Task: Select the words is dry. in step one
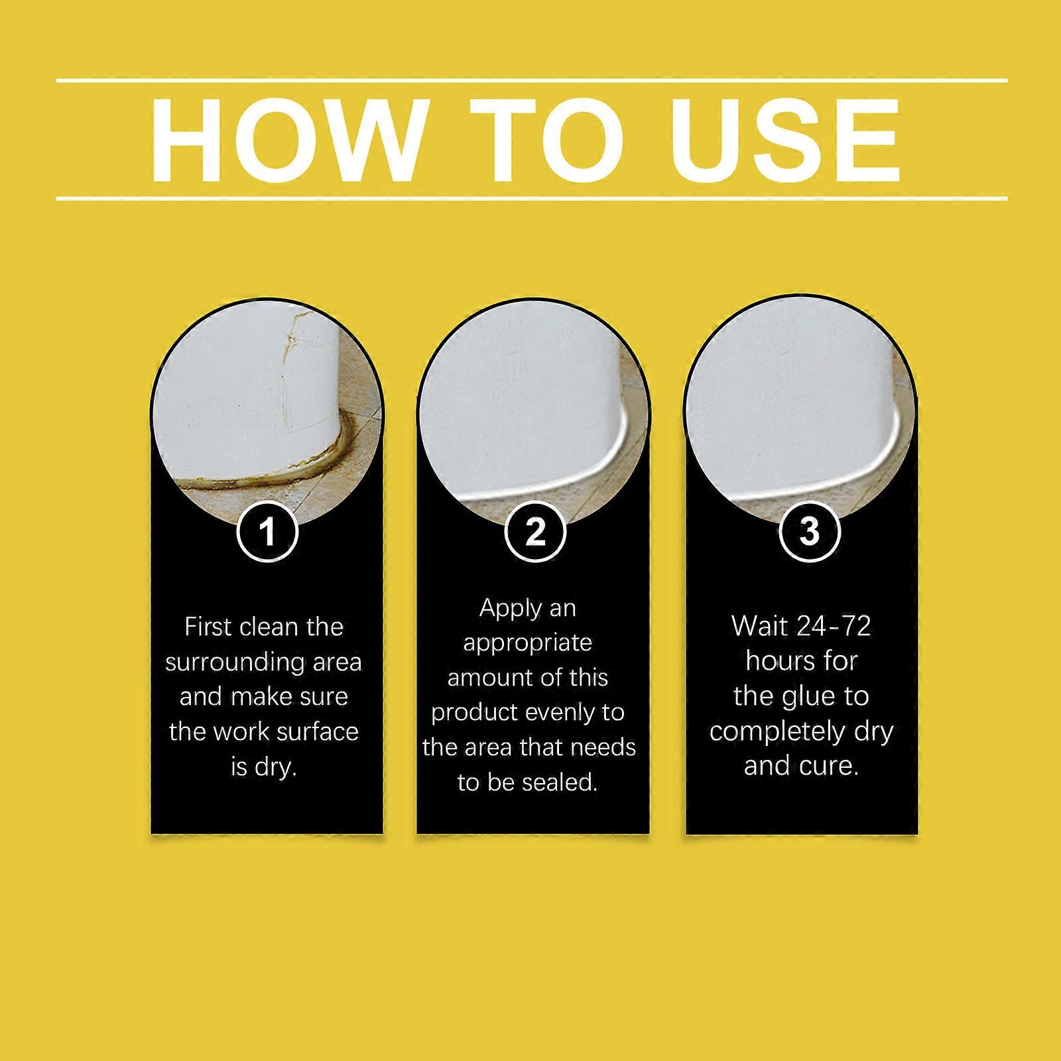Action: pos(263,767)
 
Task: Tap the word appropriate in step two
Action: pos(527,644)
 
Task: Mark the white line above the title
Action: pos(532,81)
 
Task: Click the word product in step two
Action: pos(473,713)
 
